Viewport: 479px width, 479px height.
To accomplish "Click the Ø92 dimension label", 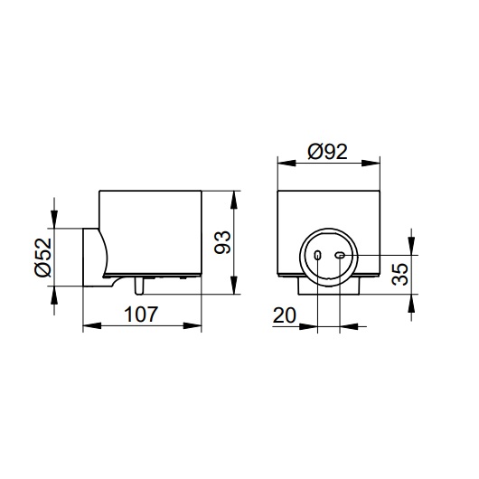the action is tap(327, 152).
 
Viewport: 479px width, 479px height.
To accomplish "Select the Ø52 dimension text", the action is tap(43, 258).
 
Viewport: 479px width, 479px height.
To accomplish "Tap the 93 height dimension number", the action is tap(222, 242).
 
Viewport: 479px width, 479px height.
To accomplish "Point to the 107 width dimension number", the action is tap(141, 314).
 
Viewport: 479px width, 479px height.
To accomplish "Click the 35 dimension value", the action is tap(399, 274).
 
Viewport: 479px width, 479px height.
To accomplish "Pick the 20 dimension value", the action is tap(285, 315).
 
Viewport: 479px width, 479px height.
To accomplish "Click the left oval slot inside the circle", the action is tap(318, 255).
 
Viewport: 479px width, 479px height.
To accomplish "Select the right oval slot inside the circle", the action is tap(340, 255).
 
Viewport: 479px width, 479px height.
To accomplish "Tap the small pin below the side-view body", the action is tap(139, 286).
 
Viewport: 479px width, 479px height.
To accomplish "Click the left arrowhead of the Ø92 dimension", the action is tap(286, 163).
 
